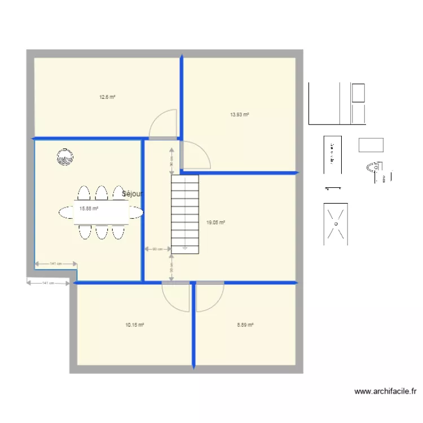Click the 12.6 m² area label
coord(107,97)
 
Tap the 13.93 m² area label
coord(240,114)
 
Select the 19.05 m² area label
coord(216,223)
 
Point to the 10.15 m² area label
coord(135,325)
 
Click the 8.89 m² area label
coord(245,325)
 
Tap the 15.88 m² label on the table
coord(89,208)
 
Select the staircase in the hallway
coord(185,213)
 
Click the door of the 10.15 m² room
coord(176,296)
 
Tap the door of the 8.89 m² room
coord(210,296)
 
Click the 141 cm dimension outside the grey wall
coord(49,283)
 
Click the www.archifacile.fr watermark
coord(385,391)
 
